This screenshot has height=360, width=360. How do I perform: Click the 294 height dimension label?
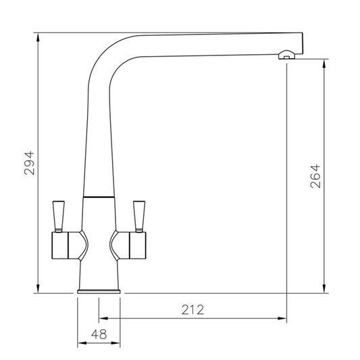tap(29, 162)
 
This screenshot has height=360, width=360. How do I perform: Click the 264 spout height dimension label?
tap(315, 176)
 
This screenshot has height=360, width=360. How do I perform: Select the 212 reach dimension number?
tap(192, 310)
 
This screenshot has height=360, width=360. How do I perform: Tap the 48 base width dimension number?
tap(99, 334)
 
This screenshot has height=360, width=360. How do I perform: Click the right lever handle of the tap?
tap(140, 214)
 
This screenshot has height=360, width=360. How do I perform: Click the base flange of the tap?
tap(100, 291)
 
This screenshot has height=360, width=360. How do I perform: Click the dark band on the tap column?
tap(99, 196)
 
